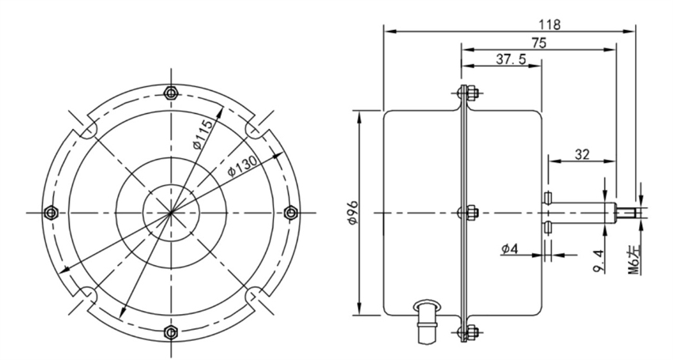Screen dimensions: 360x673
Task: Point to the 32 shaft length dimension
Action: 581,155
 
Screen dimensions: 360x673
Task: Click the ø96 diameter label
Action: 354,213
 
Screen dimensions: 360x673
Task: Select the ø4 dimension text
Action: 511,251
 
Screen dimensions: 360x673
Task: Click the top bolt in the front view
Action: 169,93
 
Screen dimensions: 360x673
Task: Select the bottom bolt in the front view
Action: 169,330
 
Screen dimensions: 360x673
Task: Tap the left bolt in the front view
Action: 51,212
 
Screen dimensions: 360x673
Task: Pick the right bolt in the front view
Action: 289,212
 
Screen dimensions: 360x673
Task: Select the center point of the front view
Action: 169,212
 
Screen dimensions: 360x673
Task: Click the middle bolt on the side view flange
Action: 467,212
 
